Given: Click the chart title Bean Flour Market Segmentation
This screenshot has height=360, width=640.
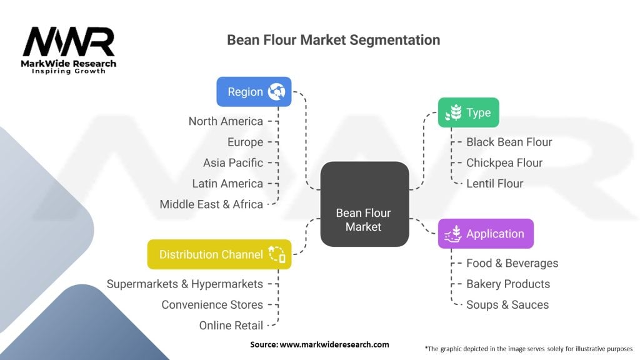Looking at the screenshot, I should [x=333, y=40].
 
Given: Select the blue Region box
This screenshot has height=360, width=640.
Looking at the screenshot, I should [x=254, y=92].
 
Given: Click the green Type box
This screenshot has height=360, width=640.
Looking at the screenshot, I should [x=468, y=113].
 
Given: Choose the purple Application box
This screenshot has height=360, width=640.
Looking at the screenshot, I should [x=485, y=234].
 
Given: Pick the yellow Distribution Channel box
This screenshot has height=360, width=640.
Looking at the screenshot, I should [x=219, y=254].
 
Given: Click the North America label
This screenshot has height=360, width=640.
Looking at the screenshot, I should [x=226, y=121].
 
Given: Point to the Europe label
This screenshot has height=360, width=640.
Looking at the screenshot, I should [x=245, y=142].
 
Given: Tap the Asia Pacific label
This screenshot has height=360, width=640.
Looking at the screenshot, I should [x=232, y=162].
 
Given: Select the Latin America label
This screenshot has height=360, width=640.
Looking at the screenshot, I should [x=227, y=183].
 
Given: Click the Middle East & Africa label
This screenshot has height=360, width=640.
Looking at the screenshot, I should [x=211, y=204].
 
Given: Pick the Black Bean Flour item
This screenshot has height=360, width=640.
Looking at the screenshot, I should [x=509, y=142].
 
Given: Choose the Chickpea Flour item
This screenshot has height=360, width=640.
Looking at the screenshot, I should [x=504, y=162].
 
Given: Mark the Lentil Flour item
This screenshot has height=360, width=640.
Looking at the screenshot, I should [x=494, y=183].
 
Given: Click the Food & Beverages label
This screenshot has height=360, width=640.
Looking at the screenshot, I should [x=512, y=263].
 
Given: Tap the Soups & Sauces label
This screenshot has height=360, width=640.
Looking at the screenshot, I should [x=507, y=304].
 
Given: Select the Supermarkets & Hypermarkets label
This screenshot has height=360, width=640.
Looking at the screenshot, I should [x=184, y=284].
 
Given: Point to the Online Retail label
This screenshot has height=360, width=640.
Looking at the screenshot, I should [x=231, y=325].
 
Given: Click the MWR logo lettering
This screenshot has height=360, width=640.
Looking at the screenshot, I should [x=69, y=42].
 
